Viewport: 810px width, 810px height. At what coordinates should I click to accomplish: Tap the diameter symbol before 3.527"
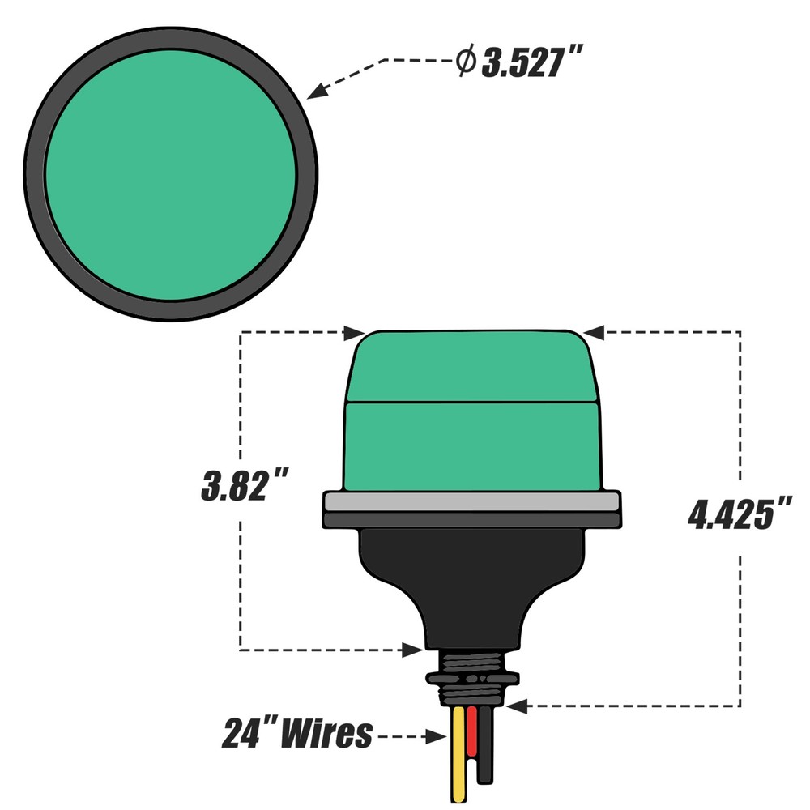(x=465, y=62)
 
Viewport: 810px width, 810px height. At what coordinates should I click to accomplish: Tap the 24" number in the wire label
(x=248, y=734)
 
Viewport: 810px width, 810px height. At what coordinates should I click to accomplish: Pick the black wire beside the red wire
(x=485, y=745)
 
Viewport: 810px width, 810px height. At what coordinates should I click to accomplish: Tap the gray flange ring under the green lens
(x=472, y=501)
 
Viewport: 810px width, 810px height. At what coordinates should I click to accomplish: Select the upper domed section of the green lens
(x=472, y=364)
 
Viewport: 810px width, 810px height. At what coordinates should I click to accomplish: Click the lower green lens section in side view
(x=472, y=446)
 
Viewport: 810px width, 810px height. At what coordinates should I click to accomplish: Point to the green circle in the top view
(x=170, y=174)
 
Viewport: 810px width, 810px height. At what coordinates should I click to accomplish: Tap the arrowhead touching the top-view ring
(x=318, y=92)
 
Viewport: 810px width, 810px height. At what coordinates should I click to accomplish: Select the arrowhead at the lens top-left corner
(x=354, y=332)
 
